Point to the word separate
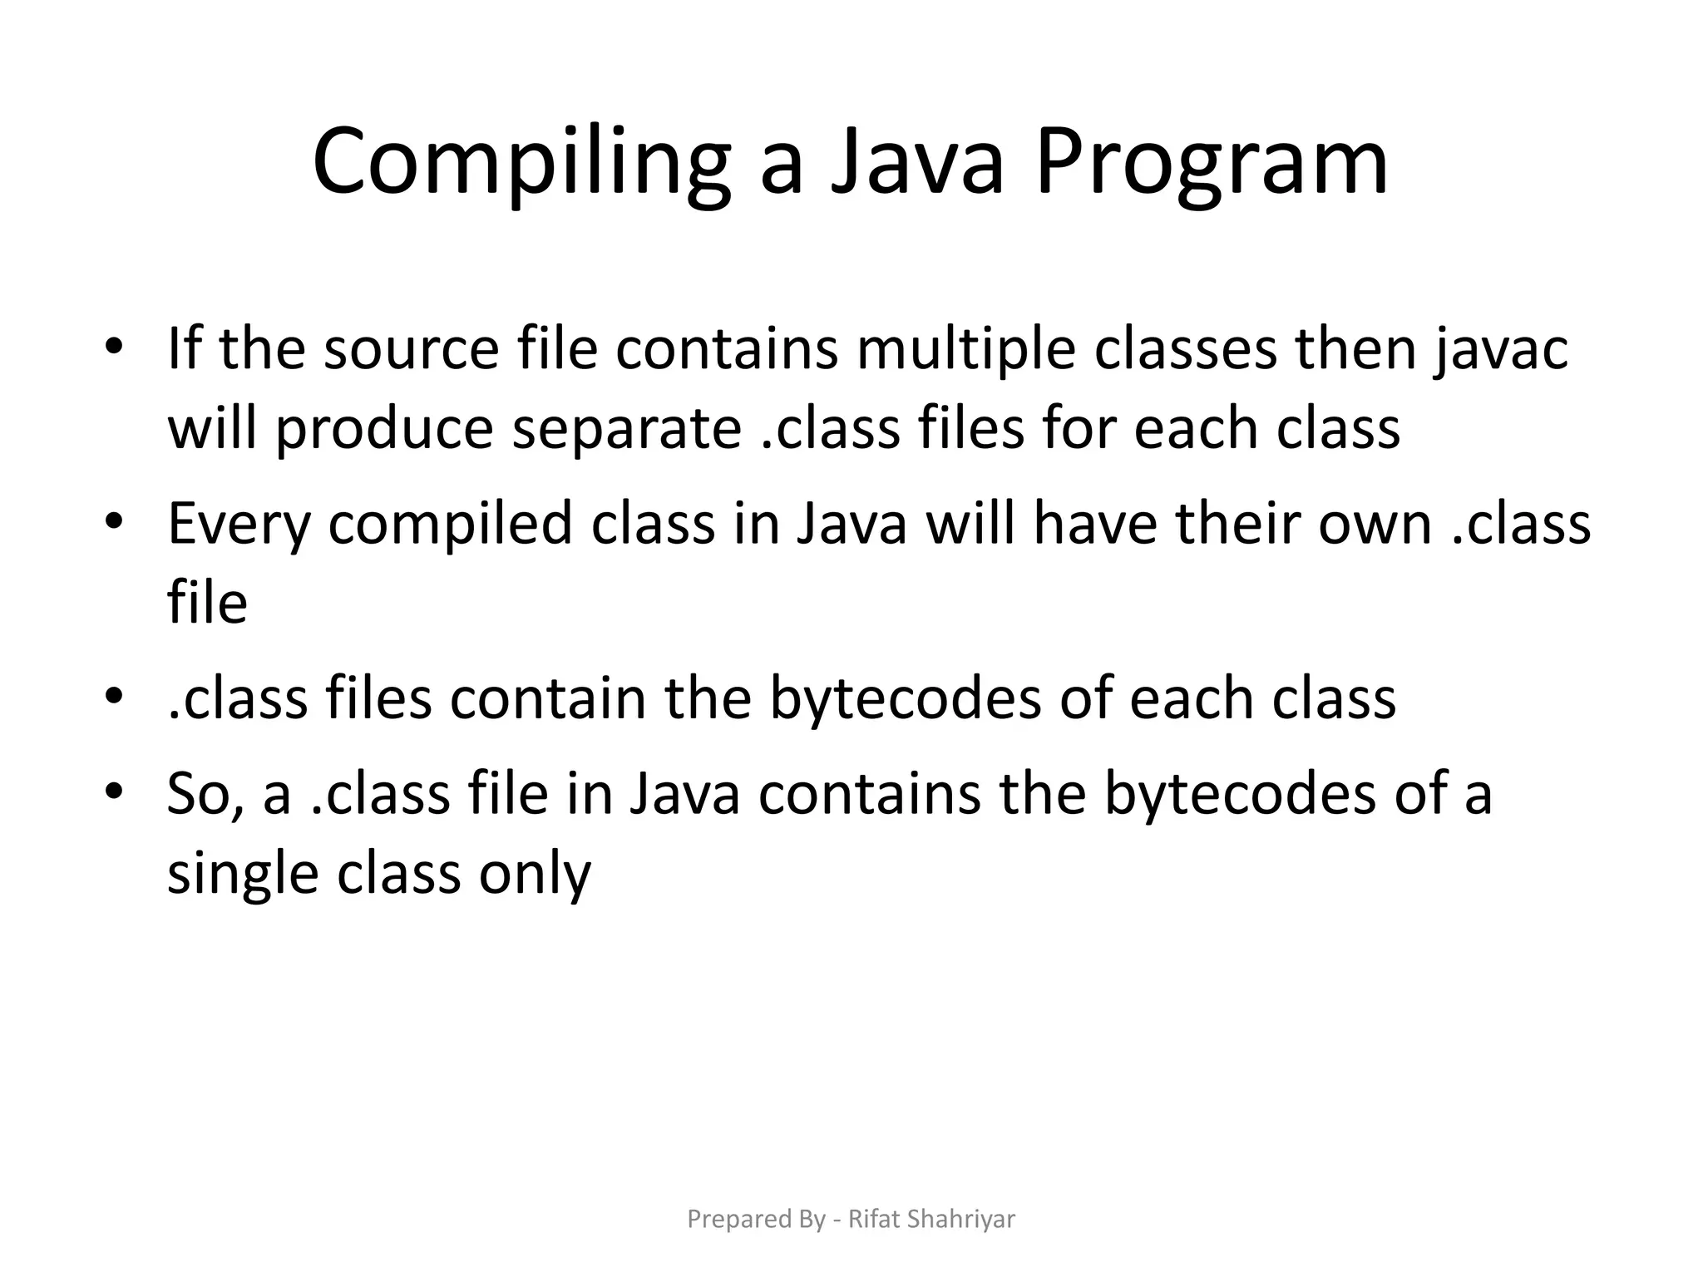626,429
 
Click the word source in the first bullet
411,349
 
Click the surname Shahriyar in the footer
961,1220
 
